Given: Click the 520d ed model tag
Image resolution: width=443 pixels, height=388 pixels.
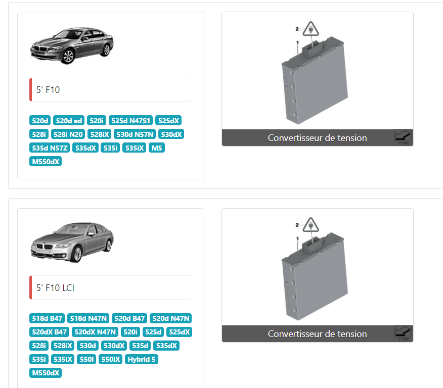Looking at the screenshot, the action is coord(69,120).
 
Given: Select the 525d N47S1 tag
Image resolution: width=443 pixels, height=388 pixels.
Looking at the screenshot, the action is coord(130,120).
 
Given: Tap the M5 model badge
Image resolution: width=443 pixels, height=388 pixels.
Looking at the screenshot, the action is coord(157,148).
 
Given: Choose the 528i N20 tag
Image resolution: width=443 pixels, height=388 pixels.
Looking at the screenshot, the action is coord(68,134).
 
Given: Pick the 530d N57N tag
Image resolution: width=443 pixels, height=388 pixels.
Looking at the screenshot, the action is coord(135,134).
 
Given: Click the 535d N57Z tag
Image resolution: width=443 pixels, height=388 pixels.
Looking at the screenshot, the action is coord(50,148).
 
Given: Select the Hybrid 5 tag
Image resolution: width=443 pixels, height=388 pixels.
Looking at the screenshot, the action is coord(141,359).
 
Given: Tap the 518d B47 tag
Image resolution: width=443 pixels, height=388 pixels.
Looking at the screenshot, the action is coord(47,318).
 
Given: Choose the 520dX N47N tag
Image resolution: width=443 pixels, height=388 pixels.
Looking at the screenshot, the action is coord(95,332).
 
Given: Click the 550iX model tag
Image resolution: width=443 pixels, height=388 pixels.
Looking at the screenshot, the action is coord(110,359).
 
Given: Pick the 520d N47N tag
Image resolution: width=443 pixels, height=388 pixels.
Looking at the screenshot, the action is coord(170,318).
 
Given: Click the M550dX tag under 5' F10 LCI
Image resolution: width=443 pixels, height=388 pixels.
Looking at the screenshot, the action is coord(46,373).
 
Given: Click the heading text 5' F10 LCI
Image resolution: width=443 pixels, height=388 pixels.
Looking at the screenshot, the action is coord(55,288).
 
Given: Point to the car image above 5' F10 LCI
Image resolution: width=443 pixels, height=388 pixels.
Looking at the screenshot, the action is coord(72,243).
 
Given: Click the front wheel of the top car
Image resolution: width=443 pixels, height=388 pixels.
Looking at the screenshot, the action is coord(68,56).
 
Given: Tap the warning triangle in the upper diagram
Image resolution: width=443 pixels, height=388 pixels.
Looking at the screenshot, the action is coord(311,29).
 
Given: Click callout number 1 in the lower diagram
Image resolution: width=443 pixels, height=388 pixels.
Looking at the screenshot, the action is coord(297,239).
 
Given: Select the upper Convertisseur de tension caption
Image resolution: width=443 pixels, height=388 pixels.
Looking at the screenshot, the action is coord(317,138).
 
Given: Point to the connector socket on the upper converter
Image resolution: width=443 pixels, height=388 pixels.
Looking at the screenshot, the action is coord(311,47).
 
